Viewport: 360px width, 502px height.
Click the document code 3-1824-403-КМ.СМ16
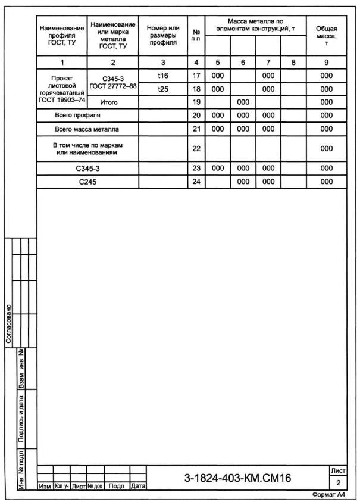pyautogui.click(x=238, y=478)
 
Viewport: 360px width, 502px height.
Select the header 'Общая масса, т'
pyautogui.click(x=326, y=36)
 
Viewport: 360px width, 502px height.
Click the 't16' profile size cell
pyautogui.click(x=162, y=76)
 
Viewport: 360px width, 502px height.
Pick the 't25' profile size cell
pyautogui.click(x=162, y=89)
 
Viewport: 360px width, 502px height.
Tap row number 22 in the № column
pyautogui.click(x=196, y=148)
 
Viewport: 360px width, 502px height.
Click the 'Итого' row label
pyautogui.click(x=113, y=102)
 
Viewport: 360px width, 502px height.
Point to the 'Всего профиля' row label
pyautogui.click(x=78, y=114)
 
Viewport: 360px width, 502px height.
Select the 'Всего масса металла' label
pyautogui.click(x=87, y=128)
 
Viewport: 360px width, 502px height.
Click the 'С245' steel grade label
pyautogui.click(x=87, y=182)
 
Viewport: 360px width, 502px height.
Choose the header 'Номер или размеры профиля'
pyautogui.click(x=162, y=36)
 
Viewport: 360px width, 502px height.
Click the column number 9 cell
pyautogui.click(x=326, y=61)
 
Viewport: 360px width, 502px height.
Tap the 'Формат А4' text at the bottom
pyautogui.click(x=329, y=495)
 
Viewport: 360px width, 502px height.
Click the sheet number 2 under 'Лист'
pyautogui.click(x=338, y=482)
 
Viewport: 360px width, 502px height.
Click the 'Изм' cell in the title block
pyautogui.click(x=45, y=486)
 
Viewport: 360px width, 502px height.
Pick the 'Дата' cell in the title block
pyautogui.click(x=137, y=486)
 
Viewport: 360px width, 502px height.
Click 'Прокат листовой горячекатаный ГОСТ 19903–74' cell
pyautogui.click(x=62, y=89)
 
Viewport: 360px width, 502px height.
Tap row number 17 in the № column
pyautogui.click(x=196, y=76)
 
